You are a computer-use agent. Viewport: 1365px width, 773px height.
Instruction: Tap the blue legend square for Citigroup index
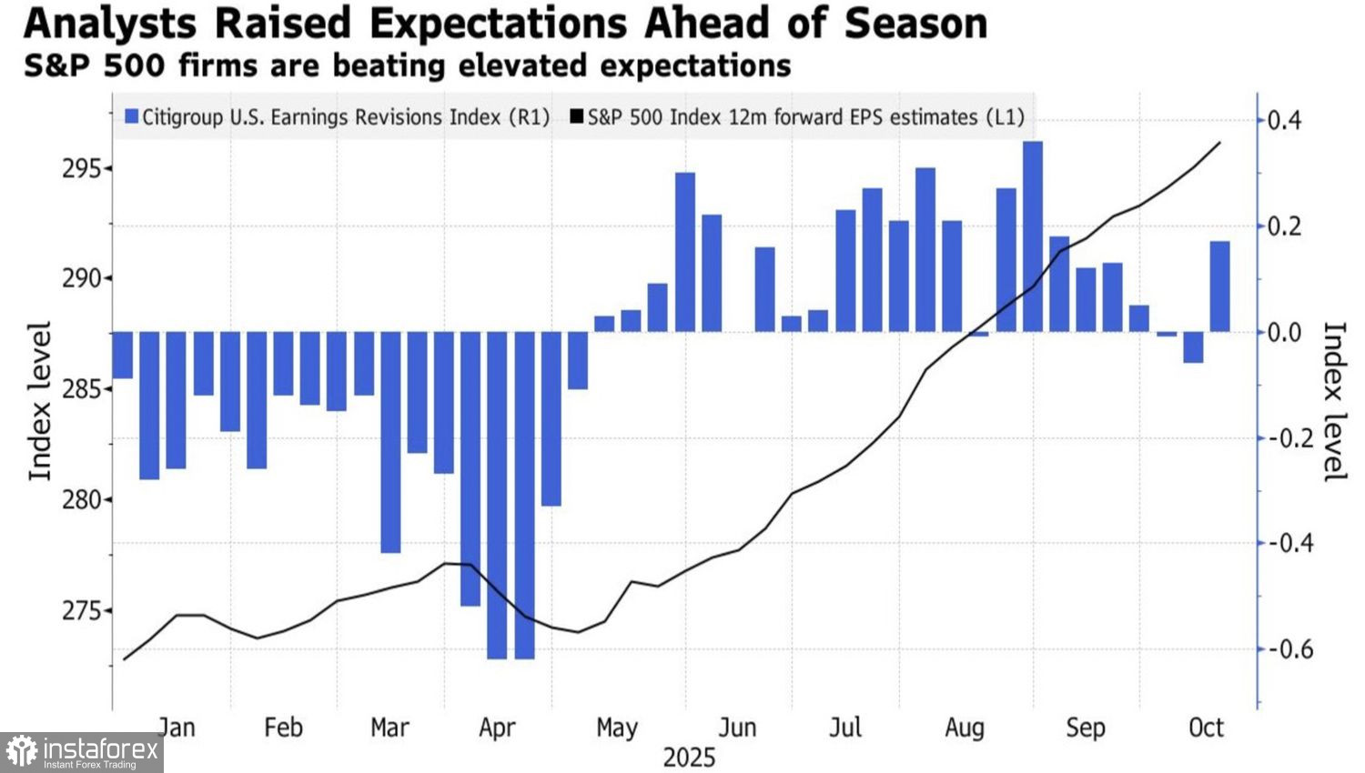(132, 117)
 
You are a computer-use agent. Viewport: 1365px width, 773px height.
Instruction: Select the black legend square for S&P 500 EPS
(577, 117)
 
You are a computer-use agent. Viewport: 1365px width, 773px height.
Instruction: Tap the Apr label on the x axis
(497, 728)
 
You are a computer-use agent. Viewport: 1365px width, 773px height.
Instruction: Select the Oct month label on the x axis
(1207, 728)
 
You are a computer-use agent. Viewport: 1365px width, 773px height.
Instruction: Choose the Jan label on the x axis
(177, 728)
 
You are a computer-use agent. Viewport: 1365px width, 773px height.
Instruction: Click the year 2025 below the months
(689, 758)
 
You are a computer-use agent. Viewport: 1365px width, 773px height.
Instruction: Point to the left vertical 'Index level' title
(39, 401)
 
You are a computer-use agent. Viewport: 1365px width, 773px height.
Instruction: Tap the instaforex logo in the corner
(82, 752)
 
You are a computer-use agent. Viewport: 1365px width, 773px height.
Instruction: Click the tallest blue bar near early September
(1033, 236)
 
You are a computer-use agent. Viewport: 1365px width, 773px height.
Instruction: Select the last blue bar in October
(1220, 286)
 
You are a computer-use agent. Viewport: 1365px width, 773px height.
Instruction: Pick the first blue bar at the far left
(123, 355)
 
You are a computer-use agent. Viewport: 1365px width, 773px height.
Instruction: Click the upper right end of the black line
(1219, 143)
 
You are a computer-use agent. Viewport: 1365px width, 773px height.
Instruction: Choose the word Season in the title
(915, 24)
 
